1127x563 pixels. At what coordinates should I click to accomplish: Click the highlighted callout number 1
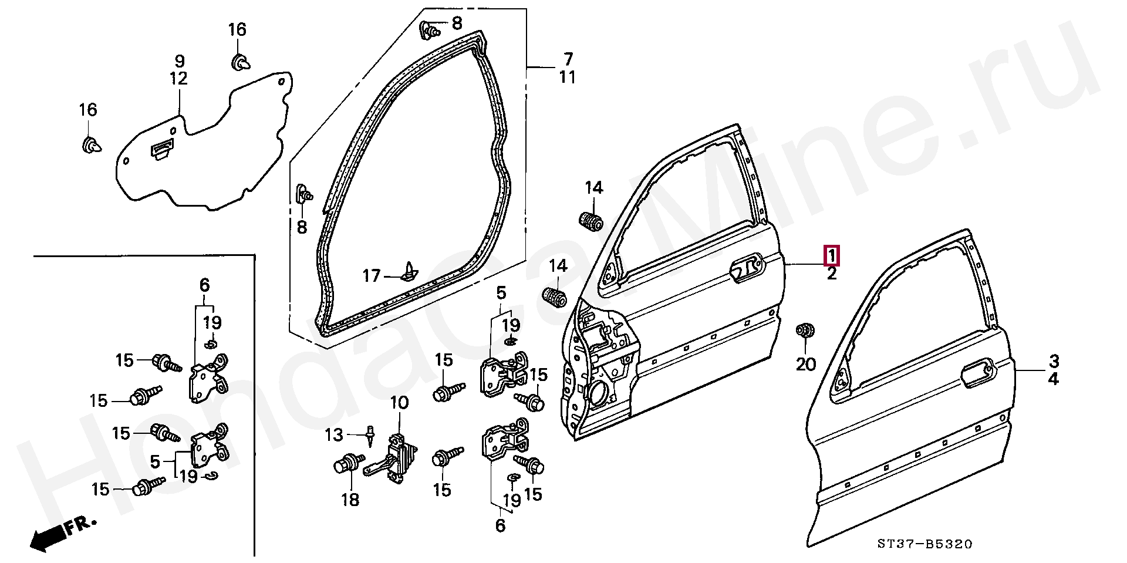832,256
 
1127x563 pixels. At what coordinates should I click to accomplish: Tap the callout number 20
806,365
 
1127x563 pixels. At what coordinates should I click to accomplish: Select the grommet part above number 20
805,331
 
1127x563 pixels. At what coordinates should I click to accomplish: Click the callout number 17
372,275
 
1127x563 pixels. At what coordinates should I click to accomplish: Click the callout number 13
334,435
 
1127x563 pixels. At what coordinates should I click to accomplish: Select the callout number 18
350,500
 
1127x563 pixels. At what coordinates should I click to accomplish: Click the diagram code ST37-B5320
925,544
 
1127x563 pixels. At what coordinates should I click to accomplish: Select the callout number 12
179,78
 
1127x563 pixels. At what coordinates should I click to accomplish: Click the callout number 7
568,59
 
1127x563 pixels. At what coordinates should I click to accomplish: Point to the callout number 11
567,77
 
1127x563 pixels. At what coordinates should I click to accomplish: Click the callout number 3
1054,361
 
